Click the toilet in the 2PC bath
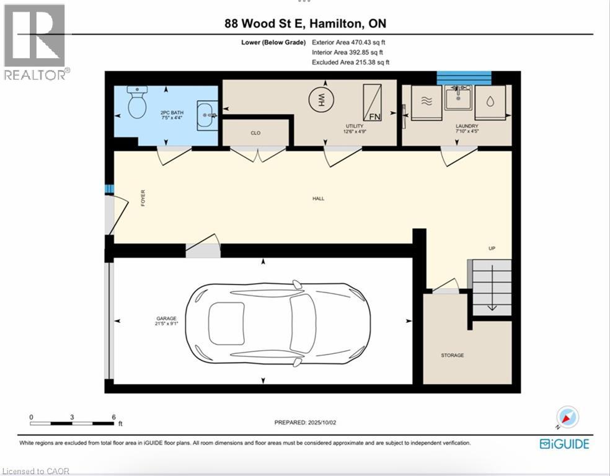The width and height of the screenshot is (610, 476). [137, 102]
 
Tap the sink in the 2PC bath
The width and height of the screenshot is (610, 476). [207, 115]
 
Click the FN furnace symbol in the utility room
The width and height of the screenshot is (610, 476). [373, 103]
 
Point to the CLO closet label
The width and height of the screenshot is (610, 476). [255, 133]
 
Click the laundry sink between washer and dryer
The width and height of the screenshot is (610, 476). [458, 97]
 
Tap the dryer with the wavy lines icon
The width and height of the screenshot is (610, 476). [427, 102]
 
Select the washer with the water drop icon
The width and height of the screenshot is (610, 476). [490, 102]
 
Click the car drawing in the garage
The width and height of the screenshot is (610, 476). [278, 324]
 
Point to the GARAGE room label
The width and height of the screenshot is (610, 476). [167, 319]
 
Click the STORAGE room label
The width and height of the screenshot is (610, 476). [453, 355]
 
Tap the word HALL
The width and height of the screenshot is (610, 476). [318, 199]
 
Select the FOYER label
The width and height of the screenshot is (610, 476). [143, 198]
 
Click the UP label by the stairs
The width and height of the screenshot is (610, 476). [492, 248]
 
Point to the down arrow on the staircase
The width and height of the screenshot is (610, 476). [492, 288]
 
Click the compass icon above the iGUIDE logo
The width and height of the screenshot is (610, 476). [568, 417]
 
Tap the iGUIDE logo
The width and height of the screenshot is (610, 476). [565, 444]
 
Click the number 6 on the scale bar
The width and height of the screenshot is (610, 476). [114, 417]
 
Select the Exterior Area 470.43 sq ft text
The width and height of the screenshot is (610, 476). [348, 42]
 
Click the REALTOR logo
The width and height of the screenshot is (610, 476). [36, 42]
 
